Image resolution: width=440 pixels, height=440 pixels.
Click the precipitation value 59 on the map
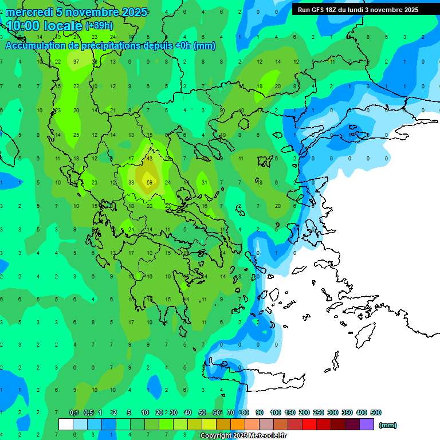(x=150, y=183)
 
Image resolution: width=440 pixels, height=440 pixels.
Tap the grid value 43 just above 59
(x=150, y=158)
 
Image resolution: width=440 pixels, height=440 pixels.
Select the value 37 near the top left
(x=76, y=62)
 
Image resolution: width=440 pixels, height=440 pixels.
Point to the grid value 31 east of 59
(x=204, y=183)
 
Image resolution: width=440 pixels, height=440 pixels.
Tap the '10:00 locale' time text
(x=44, y=26)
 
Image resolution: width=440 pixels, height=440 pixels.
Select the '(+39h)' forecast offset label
(x=99, y=26)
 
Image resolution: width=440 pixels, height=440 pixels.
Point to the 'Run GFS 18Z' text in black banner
(x=319, y=10)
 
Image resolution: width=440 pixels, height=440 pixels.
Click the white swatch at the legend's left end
(x=66, y=424)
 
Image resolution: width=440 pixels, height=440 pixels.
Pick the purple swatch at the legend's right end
(x=367, y=424)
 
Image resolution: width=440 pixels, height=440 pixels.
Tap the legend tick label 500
(x=376, y=412)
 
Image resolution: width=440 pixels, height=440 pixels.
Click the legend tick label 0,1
(x=74, y=412)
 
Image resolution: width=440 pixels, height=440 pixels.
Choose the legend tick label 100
(x=276, y=412)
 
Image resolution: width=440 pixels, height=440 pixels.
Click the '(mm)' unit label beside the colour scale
(x=388, y=425)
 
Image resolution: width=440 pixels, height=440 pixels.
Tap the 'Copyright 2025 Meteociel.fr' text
(x=243, y=436)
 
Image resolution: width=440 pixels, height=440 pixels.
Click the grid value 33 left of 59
(x=131, y=183)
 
